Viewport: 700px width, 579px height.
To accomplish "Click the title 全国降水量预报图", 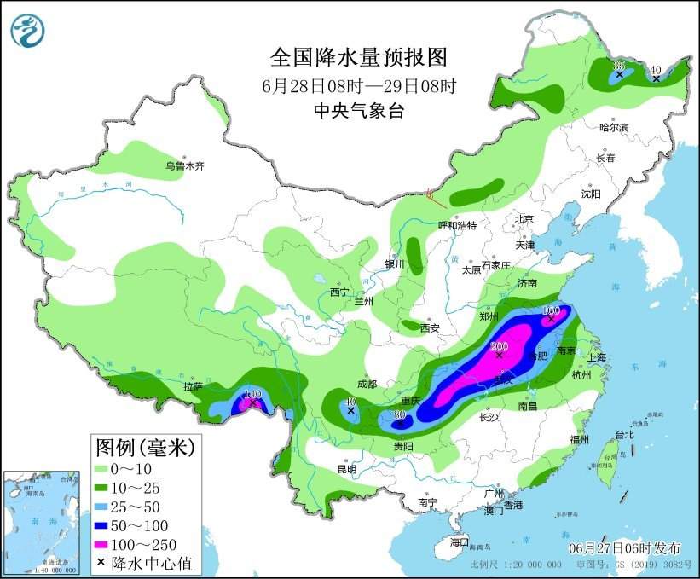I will (x=358, y=57).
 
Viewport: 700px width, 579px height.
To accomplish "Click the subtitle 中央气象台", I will (x=358, y=111).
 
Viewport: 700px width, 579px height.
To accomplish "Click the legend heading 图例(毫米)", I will (x=146, y=446).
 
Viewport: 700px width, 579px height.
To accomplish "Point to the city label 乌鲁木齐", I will (x=185, y=166).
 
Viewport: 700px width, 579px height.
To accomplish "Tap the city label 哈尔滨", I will (x=612, y=128).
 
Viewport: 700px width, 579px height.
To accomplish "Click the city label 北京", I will (x=523, y=219).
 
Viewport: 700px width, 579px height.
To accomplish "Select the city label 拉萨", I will (x=193, y=386).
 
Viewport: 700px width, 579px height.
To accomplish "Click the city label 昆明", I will (x=346, y=469).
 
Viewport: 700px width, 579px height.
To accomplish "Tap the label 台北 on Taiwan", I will (x=624, y=434).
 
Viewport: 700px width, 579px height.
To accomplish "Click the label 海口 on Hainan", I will (x=460, y=542).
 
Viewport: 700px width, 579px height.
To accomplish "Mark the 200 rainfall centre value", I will (x=500, y=347).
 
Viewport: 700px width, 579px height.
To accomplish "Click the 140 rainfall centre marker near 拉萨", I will (x=252, y=396).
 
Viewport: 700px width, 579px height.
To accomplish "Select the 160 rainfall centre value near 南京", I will (x=551, y=311).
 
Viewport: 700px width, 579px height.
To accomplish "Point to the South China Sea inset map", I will (x=43, y=521).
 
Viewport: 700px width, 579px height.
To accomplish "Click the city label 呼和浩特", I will (x=457, y=225).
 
